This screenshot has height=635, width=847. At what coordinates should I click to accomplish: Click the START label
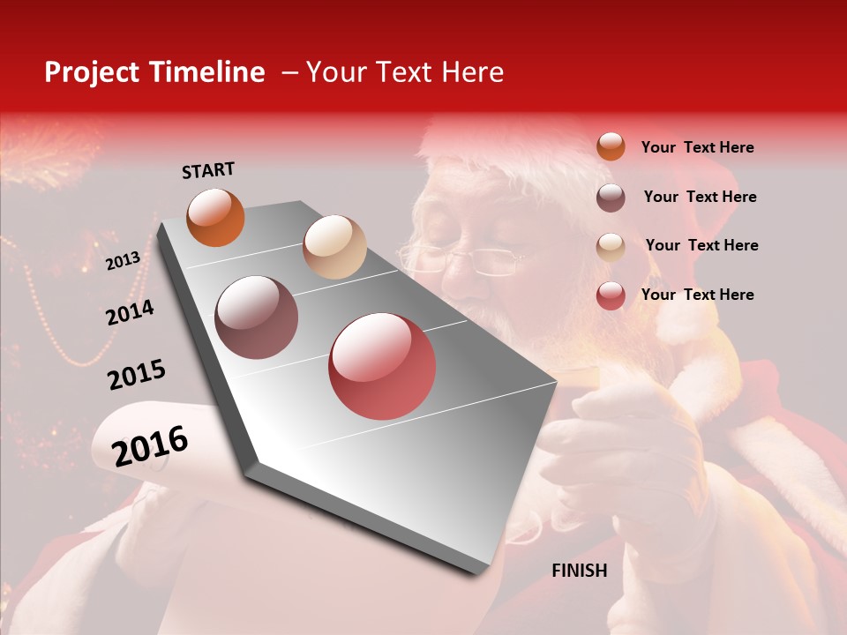pos(208,170)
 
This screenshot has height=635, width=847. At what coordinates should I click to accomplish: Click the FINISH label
pos(579,571)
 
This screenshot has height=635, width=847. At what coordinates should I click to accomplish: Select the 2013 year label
pos(123,261)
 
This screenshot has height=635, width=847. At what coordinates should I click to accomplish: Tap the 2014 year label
pos(130,312)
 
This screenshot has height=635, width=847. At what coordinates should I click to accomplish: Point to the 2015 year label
pos(137,375)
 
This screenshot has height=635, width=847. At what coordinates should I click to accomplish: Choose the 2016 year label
pos(150,445)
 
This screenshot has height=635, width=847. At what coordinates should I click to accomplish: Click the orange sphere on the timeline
pos(215,217)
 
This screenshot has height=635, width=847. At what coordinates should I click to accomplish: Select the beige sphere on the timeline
pos(334,247)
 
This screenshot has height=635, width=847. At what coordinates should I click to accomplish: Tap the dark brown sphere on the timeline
pos(257,317)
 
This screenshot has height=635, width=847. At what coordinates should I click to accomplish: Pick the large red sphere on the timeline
pos(382,366)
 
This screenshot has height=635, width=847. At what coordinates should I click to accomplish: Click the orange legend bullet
pos(611,147)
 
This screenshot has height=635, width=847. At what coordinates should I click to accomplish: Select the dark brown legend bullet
pos(611,198)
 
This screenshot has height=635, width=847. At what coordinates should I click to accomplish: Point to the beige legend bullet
pos(611,246)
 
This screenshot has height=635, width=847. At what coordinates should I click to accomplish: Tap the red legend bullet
pos(611,295)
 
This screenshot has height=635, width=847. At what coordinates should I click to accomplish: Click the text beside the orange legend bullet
pos(697,148)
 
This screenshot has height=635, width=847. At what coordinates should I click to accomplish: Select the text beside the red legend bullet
pos(697,295)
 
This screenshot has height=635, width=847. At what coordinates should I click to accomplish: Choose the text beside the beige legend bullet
pos(701,245)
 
